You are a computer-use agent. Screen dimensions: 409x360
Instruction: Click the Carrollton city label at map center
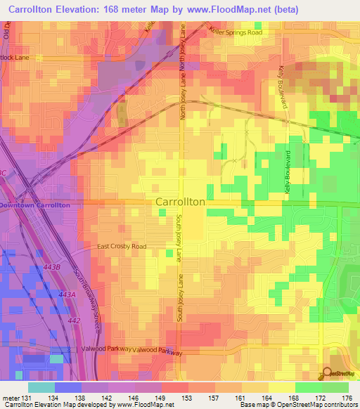(x=179, y=202)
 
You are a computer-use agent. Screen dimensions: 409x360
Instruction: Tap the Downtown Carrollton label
(x=34, y=204)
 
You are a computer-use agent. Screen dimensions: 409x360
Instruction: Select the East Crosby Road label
(x=122, y=247)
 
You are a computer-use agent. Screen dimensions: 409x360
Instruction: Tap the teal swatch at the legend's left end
(x=41, y=387)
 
